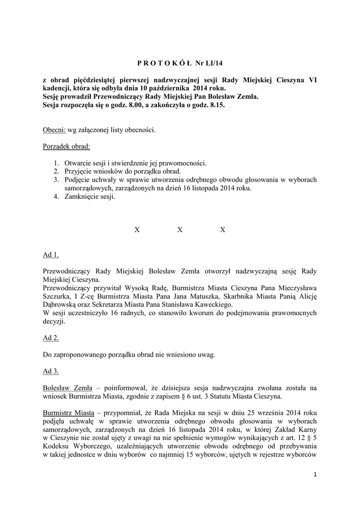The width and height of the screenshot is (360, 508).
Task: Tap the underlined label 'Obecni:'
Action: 54,130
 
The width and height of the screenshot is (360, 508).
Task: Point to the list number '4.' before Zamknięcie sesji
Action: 57,197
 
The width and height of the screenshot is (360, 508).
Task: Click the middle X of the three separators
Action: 180,230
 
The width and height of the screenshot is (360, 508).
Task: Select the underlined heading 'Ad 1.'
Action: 51,255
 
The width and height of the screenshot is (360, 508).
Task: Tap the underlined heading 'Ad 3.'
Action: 51,371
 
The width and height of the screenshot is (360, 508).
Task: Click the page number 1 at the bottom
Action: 315,475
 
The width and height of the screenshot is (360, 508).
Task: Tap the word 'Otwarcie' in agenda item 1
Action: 78,163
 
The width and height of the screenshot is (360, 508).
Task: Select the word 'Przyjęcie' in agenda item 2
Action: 78,172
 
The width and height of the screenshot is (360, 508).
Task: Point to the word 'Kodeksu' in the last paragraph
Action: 56,447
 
